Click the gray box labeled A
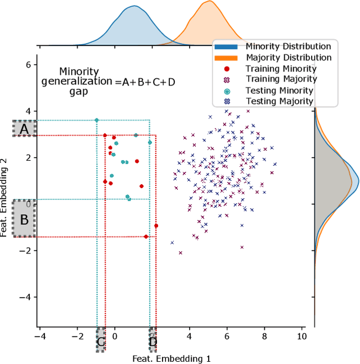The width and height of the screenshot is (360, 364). pos(24,129)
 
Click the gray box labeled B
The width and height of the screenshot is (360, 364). pos(24,219)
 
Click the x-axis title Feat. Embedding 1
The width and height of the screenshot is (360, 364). pos(171,358)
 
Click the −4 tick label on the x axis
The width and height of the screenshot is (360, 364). pos(40,336)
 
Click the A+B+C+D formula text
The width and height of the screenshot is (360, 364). pos(145,82)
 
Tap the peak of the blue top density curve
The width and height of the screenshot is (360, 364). pos(133,7)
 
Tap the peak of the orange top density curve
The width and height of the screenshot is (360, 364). pos(208,2)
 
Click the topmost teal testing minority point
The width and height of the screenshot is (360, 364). pos(97,120)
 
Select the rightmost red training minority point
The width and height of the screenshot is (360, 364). pos(156,226)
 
